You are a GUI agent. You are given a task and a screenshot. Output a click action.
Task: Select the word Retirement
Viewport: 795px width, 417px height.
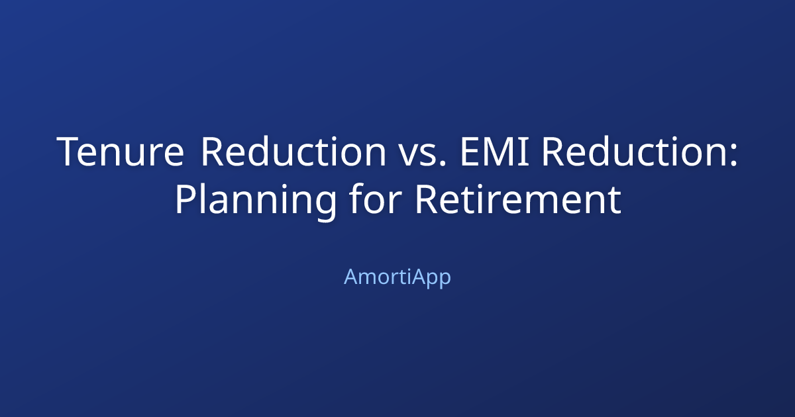[518, 201]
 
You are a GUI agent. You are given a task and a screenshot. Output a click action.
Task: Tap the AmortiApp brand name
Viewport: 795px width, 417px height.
[397, 277]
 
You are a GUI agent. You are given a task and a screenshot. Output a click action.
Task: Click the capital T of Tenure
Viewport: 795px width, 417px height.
[69, 152]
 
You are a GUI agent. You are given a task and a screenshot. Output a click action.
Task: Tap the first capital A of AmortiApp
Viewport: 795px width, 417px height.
[351, 277]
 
